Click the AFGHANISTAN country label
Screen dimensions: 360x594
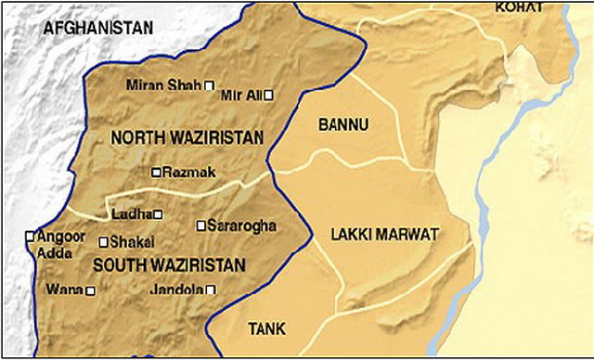97,28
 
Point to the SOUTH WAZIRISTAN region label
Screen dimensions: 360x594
169,264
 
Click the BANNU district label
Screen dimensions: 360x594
343,123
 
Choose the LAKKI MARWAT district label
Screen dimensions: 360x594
384,235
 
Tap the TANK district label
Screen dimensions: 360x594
267,329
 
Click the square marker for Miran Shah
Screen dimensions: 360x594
210,85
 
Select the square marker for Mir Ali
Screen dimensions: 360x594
268,95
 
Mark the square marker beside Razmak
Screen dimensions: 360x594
156,172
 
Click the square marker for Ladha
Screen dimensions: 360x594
158,215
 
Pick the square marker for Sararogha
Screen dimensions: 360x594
201,225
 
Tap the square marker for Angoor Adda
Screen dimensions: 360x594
30,236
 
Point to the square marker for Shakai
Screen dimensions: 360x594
103,242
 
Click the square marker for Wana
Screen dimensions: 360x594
90,290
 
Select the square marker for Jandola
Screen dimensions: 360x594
211,290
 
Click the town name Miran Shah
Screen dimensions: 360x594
163,85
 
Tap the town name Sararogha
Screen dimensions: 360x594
243,225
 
